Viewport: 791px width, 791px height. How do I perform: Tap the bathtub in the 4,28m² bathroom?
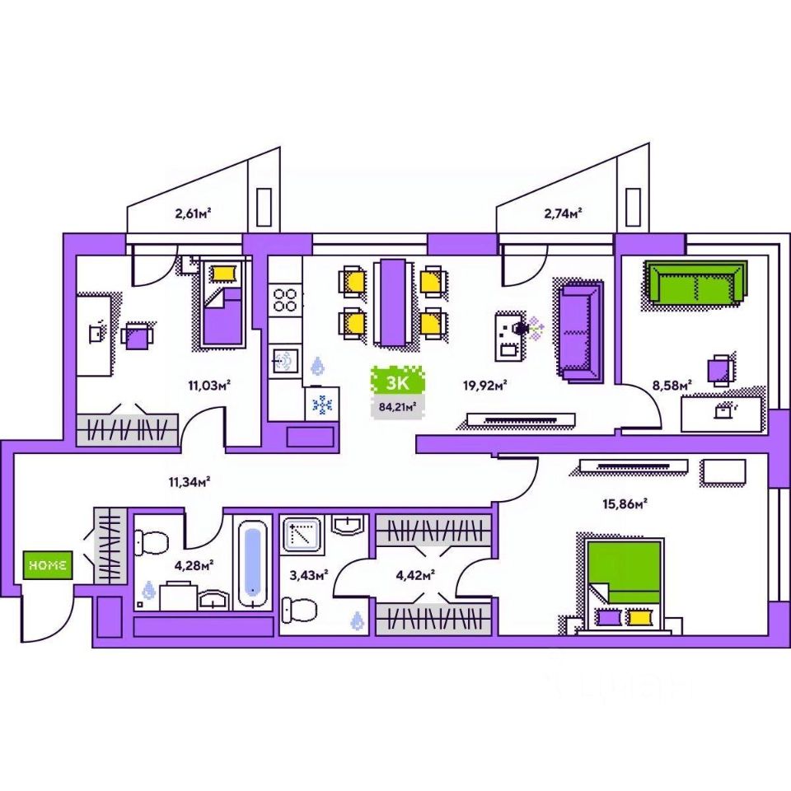pyautogui.click(x=252, y=562)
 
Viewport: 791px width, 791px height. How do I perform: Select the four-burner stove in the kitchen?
pyautogui.click(x=285, y=299)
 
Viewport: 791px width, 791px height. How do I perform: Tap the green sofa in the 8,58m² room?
pyautogui.click(x=696, y=282)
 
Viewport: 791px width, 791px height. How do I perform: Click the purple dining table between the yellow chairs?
pyautogui.click(x=391, y=302)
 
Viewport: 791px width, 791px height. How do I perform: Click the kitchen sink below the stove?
pyautogui.click(x=285, y=360)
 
